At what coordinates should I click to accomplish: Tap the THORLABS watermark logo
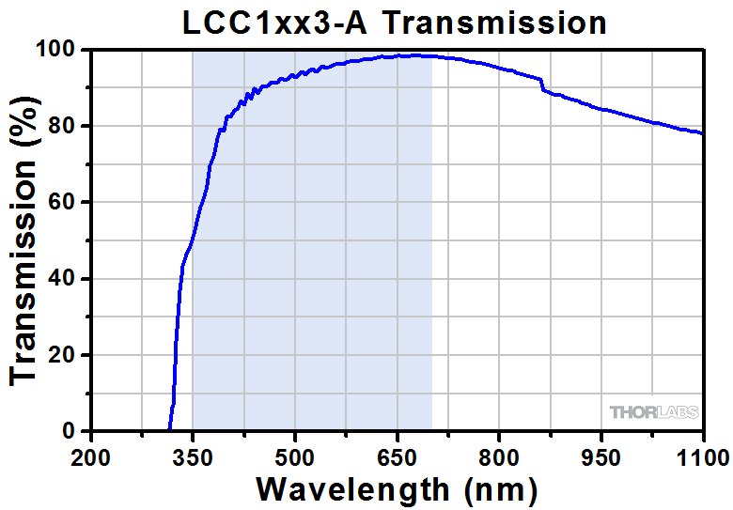click(x=652, y=412)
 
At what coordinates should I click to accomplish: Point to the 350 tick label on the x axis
click(x=193, y=457)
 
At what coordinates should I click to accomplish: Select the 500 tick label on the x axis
click(x=295, y=457)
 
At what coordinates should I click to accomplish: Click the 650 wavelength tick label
click(x=398, y=457)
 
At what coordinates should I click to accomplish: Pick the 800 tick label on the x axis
click(x=500, y=457)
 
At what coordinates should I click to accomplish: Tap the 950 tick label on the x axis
click(x=602, y=457)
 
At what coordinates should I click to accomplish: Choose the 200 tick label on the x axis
click(x=90, y=457)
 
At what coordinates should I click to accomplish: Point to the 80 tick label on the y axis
click(x=66, y=126)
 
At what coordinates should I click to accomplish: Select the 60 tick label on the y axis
click(x=66, y=202)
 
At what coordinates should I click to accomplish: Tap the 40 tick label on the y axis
click(x=66, y=279)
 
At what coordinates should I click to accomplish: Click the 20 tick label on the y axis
click(x=66, y=355)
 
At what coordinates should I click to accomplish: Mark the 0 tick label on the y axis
click(x=72, y=432)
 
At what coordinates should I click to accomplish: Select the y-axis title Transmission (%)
click(x=25, y=240)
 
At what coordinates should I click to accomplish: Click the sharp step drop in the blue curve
click(x=542, y=86)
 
